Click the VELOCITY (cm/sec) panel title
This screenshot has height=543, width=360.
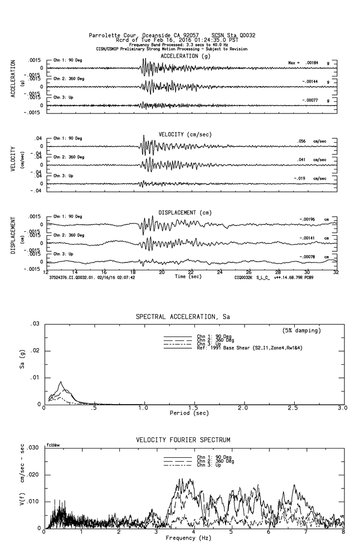tap(185, 134)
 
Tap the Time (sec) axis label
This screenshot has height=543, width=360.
tap(189, 277)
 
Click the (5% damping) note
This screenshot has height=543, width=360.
tap(301, 330)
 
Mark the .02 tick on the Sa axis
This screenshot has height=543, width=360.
tap(35, 351)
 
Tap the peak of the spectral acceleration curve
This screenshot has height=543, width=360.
tap(61, 382)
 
